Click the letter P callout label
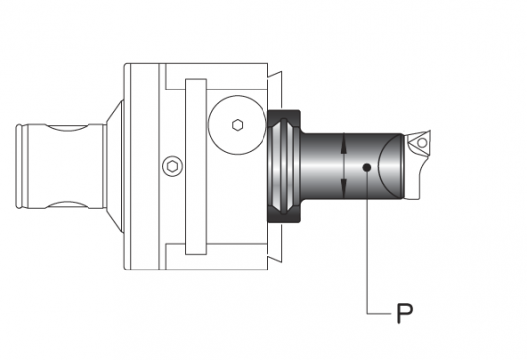(x=404, y=313)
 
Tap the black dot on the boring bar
(x=367, y=167)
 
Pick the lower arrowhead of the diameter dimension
(x=343, y=188)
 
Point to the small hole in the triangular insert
(x=422, y=143)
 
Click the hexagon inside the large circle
(x=238, y=125)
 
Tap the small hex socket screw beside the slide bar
(x=172, y=166)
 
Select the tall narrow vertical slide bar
(x=196, y=166)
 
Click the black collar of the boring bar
(x=284, y=166)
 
